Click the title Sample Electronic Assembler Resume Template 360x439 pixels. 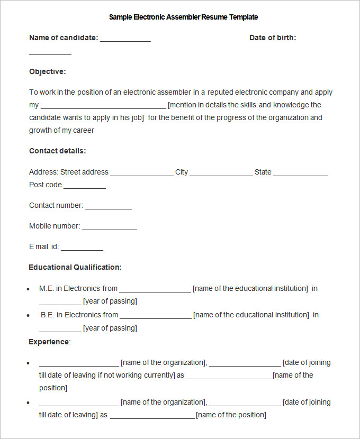[183, 17]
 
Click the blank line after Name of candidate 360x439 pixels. [125, 40]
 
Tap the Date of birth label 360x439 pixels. [273, 38]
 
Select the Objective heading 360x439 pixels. [48, 71]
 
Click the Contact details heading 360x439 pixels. [57, 151]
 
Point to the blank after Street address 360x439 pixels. [142, 174]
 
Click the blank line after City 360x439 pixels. [221, 174]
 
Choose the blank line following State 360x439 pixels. [301, 174]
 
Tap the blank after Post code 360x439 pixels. [85, 187]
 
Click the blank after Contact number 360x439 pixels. [109, 207]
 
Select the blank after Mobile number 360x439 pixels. [110, 228]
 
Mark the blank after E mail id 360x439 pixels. [82, 249]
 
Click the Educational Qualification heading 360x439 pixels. [75, 267]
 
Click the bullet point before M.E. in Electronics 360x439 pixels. [28, 289]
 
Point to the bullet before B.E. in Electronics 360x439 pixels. [28, 315]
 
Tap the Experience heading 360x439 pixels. [49, 342]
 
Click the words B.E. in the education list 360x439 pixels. [48, 315]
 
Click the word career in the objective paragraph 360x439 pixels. [84, 130]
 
